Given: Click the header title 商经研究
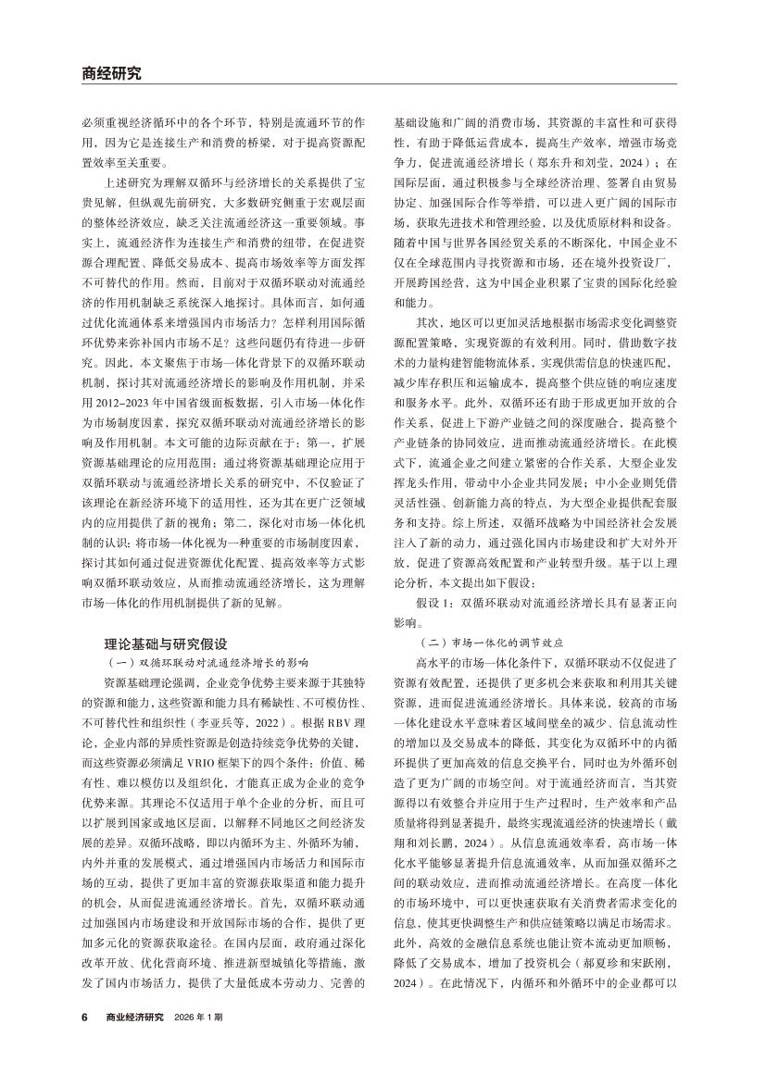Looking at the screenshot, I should pyautogui.click(x=112, y=73).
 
